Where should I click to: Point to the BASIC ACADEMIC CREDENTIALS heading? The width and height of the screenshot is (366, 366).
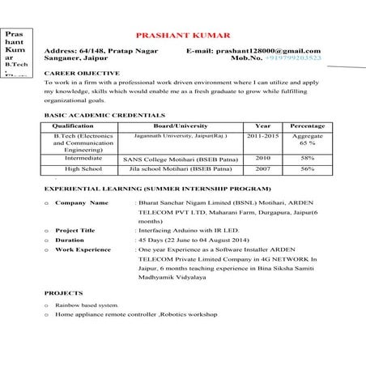pos(93,117)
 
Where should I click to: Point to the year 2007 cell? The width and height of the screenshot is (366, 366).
pos(263,169)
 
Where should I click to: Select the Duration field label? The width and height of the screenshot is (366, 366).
pos(70,240)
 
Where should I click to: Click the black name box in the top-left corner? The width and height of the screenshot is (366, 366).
pos(17,52)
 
